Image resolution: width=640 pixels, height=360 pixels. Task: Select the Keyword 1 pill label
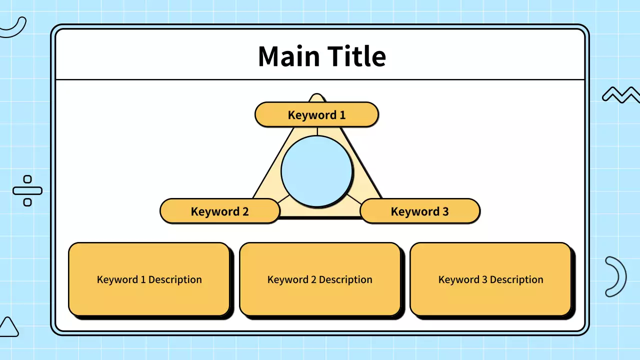point(316,115)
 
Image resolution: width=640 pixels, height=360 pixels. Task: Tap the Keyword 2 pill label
point(219,211)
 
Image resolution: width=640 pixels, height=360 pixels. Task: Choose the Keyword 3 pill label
point(419,211)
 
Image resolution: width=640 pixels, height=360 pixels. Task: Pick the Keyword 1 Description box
point(149,279)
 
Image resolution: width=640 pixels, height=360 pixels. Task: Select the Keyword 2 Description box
point(320,279)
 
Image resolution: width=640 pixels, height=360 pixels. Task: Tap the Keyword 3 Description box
point(490,279)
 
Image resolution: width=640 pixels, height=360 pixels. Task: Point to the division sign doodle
point(27,190)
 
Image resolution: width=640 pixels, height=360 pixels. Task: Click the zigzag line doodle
point(620,94)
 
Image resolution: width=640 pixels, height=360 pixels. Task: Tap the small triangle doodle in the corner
point(8,327)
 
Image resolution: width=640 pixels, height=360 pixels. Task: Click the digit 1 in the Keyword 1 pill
point(342,115)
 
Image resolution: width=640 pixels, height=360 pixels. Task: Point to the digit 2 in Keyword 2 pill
point(245,211)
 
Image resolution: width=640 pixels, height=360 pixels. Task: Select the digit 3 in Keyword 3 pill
point(445,211)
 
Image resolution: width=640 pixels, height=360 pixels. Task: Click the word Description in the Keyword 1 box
point(175,279)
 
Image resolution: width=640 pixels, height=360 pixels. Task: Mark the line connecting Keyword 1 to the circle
point(317,131)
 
